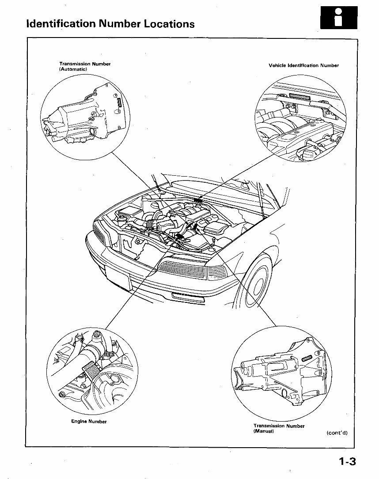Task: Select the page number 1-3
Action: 347,462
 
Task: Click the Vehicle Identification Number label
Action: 303,66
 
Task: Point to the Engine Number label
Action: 89,421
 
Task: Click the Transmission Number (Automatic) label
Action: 84,66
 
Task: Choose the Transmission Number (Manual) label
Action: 279,428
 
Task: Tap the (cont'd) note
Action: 337,433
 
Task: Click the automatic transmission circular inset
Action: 85,118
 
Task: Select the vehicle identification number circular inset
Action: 300,119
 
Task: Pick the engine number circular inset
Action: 91,372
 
